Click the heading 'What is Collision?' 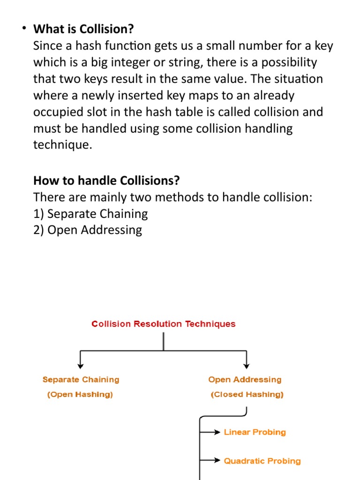[83, 29]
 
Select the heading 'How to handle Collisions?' [106, 180]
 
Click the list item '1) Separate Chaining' [90, 214]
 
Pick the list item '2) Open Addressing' [88, 230]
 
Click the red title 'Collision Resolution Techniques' [164, 324]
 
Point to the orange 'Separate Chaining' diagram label [81, 380]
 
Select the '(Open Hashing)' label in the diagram [80, 395]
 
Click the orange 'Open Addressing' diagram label [245, 380]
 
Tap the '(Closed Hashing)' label [247, 395]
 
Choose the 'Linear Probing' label [255, 432]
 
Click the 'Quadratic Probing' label [262, 461]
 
